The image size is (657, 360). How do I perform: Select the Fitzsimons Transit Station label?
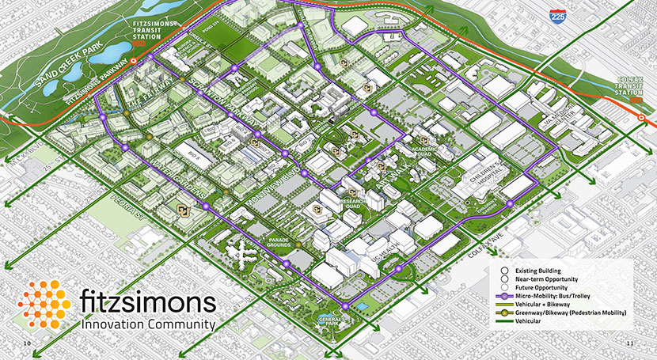pyautogui.click(x=150, y=36)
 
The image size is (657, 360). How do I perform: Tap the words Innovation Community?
pyautogui.click(x=148, y=324)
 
